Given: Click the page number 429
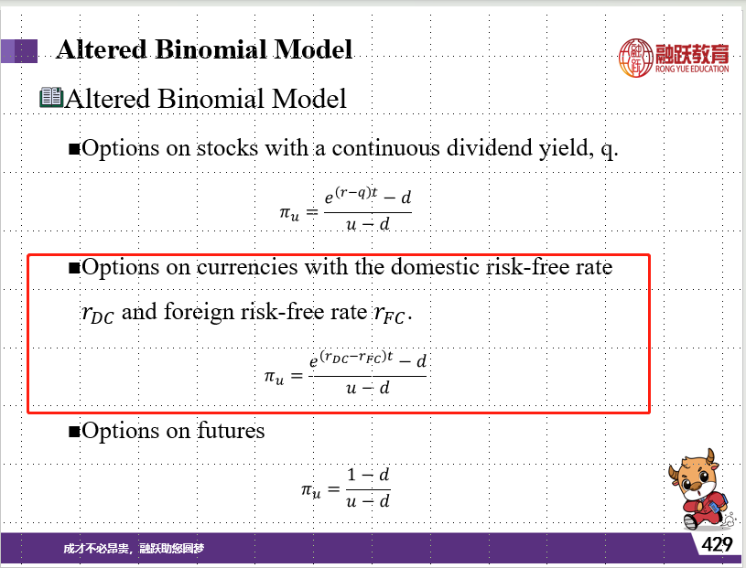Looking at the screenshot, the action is (x=717, y=543).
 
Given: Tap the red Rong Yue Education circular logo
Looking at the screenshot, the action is (x=635, y=58).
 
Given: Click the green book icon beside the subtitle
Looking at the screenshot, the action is (x=51, y=97).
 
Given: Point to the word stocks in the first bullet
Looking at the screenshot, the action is (x=227, y=147).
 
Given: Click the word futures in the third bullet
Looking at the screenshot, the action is (x=231, y=431).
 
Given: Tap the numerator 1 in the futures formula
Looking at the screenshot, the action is (x=351, y=475).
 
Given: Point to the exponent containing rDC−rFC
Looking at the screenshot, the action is (x=356, y=357).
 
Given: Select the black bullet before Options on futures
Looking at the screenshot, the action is (x=74, y=432).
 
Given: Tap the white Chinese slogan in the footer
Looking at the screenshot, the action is (x=134, y=549).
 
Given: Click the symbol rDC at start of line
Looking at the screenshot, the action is (x=98, y=314).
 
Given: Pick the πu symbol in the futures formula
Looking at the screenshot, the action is (x=310, y=490).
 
